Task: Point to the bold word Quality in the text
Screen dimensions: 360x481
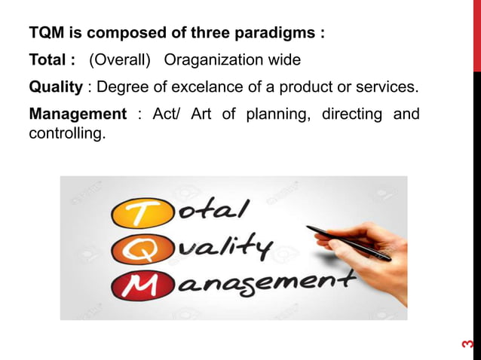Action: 55,87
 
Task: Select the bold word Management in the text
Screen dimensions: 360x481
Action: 77,114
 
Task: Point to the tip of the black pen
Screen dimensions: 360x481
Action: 309,227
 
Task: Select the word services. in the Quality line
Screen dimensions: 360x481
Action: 384,87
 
